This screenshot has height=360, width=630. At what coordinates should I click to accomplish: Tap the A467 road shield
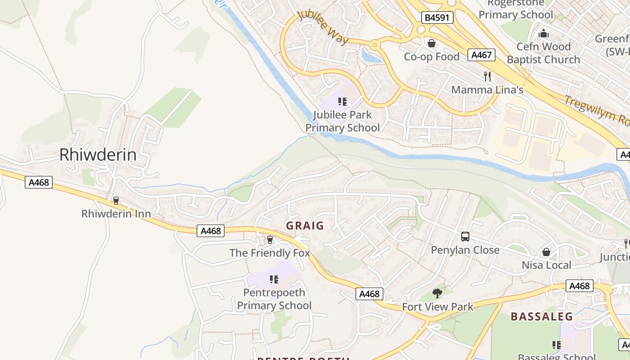click(481, 55)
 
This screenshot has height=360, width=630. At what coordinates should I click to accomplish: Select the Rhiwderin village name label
click(98, 155)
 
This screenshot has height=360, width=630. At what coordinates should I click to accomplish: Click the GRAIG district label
click(305, 225)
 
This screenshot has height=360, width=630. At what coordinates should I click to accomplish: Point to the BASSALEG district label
click(542, 316)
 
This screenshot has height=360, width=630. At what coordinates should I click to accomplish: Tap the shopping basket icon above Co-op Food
click(432, 43)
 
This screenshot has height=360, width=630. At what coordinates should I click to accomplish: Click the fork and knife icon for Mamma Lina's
click(487, 76)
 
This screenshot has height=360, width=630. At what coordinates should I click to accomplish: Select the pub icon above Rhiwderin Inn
click(116, 200)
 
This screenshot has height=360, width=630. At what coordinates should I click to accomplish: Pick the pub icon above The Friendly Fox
click(270, 239)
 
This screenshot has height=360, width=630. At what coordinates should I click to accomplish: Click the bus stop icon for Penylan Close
click(465, 237)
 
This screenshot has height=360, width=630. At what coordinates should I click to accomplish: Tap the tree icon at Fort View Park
click(437, 293)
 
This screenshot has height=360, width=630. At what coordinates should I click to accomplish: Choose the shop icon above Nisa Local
click(546, 252)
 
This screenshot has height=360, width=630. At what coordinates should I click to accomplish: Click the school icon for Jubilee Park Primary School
click(342, 102)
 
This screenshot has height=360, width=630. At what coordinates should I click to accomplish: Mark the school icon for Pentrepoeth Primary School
click(274, 279)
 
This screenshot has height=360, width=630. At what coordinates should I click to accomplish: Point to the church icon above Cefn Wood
click(544, 33)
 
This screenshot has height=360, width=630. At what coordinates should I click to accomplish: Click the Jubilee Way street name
click(323, 27)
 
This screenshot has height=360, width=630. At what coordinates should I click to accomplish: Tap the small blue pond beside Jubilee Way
click(371, 56)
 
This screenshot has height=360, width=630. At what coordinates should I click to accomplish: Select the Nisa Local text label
click(546, 265)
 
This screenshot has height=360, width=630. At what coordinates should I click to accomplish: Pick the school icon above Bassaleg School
click(557, 345)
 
